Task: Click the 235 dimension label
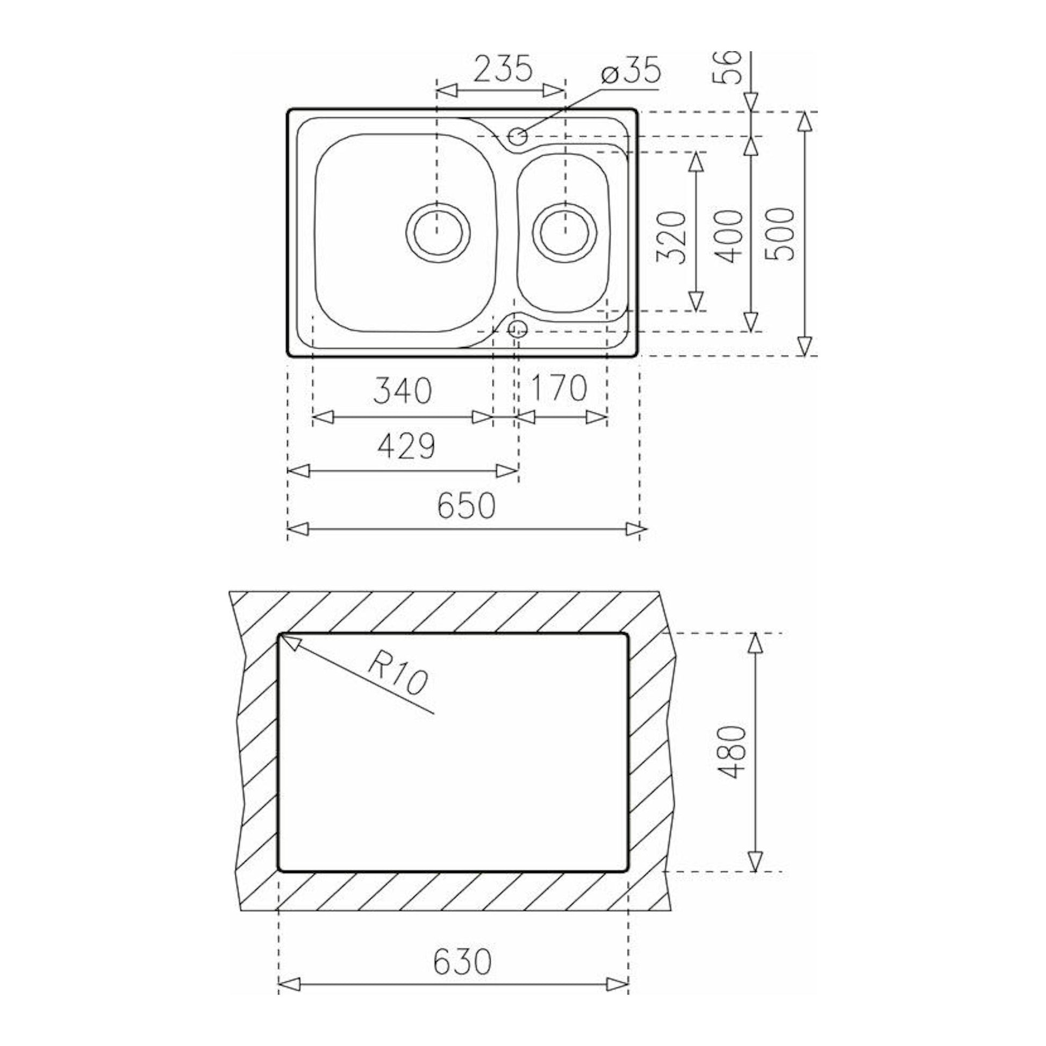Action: pyautogui.click(x=503, y=69)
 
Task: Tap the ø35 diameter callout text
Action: pyautogui.click(x=631, y=70)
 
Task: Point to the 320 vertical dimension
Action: pyautogui.click(x=671, y=237)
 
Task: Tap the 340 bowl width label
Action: pyautogui.click(x=402, y=390)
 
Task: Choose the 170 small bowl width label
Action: pyautogui.click(x=557, y=388)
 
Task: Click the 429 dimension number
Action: pyautogui.click(x=405, y=446)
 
